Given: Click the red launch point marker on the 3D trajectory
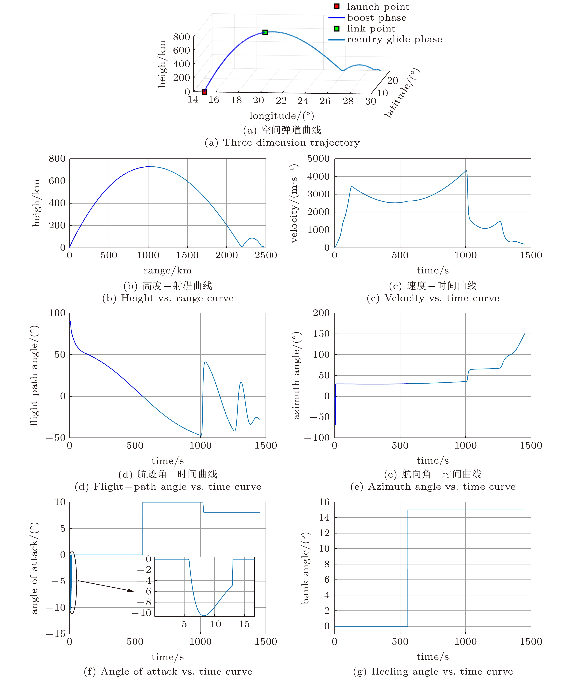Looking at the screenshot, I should coord(204,92).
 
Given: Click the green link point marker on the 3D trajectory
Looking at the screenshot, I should coord(265,32).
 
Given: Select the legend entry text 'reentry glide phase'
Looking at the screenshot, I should coord(394,39).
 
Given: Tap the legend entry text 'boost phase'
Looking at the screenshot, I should coord(376,18).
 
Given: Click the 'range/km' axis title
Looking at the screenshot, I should coord(167,270).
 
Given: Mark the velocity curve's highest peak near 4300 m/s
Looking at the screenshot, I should coord(466,171).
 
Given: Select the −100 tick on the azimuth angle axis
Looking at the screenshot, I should coord(316,438).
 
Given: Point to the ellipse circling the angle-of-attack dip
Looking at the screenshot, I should coord(73,582).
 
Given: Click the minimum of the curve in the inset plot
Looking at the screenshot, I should coord(204,615).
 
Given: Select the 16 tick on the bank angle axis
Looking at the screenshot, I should coord(324,502).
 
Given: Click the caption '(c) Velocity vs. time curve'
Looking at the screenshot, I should coord(433,298).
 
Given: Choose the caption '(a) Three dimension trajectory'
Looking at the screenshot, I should coord(282,143).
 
